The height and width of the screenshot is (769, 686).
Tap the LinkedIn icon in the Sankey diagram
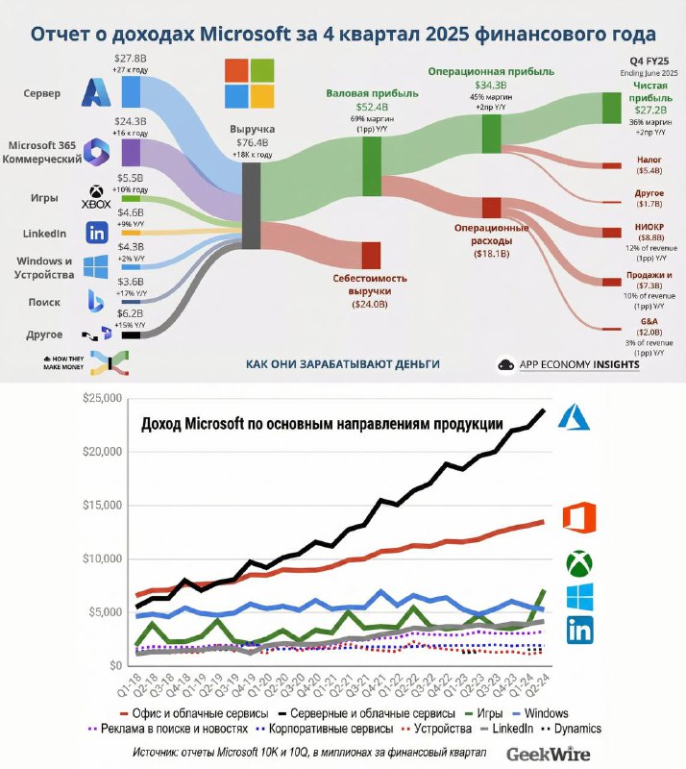pos(96,233)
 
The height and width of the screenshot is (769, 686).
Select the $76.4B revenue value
pos(252,142)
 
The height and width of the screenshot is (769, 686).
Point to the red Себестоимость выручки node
pos(371,255)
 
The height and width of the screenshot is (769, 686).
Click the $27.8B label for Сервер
pos(131,60)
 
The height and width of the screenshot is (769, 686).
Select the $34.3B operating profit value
pos(492,84)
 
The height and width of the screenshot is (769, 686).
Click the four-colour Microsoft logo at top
pos(250,83)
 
